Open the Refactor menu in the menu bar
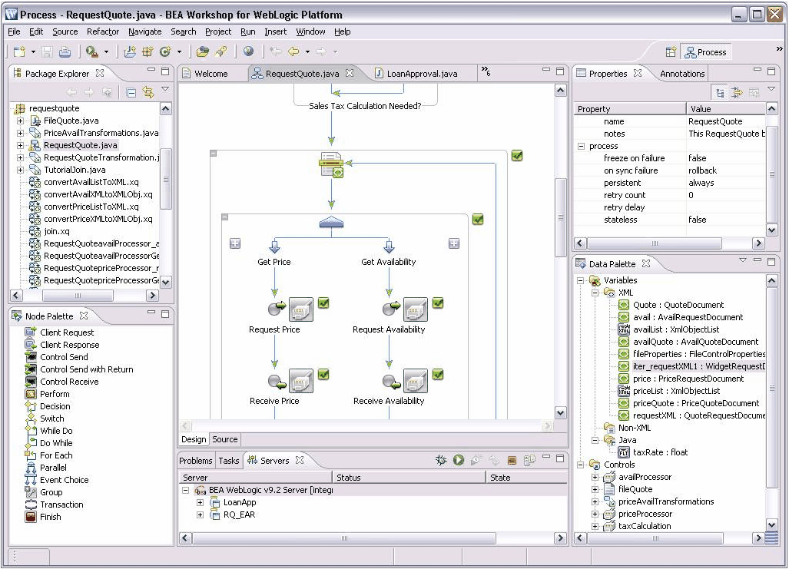103,31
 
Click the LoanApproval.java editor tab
422,74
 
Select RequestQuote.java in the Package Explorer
81,145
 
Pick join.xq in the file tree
57,231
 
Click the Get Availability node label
389,262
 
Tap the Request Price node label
274,329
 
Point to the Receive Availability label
389,401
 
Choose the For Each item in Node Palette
56,455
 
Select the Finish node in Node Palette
50,517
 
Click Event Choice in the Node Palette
65,480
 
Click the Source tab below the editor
225,439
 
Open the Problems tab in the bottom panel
196,460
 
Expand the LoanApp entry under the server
200,503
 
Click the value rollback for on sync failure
702,170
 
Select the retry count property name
625,195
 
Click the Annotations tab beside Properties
682,74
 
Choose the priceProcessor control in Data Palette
645,514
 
